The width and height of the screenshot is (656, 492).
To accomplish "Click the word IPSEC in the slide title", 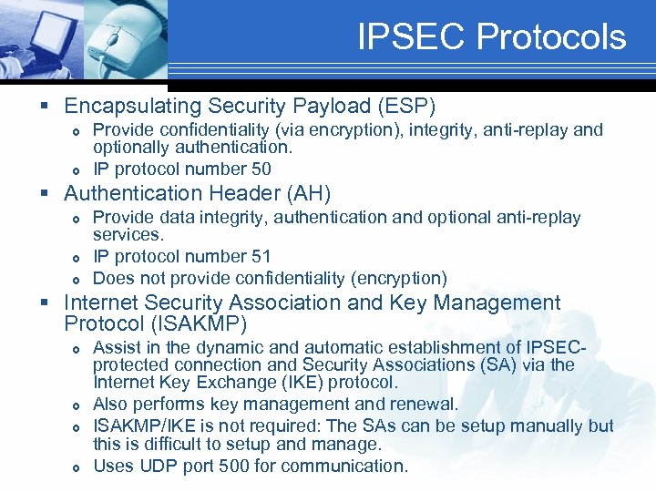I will tap(413, 37).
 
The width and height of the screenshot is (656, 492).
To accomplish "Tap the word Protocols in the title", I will tap(552, 37).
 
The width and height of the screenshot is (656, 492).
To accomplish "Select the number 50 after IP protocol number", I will tap(260, 169).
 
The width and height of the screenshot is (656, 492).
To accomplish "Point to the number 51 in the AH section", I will tap(260, 257).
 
